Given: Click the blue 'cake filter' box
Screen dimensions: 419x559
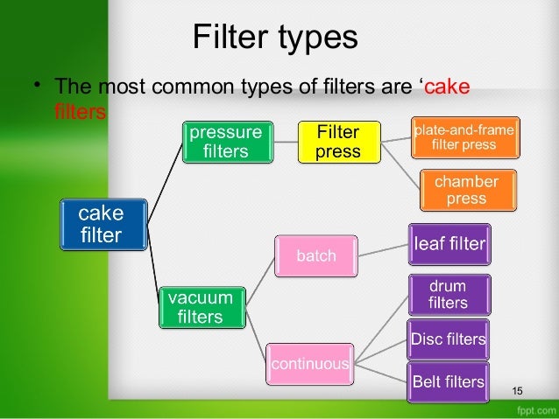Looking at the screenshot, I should click(x=101, y=223).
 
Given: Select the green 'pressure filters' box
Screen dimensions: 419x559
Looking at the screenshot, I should click(x=225, y=142).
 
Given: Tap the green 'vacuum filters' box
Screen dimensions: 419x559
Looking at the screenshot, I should click(x=201, y=306).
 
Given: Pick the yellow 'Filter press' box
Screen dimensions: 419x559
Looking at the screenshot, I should click(x=338, y=142).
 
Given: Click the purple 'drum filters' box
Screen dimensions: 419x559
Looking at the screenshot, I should click(x=449, y=295).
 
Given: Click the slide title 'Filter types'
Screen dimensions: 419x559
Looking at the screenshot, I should click(x=274, y=38).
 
